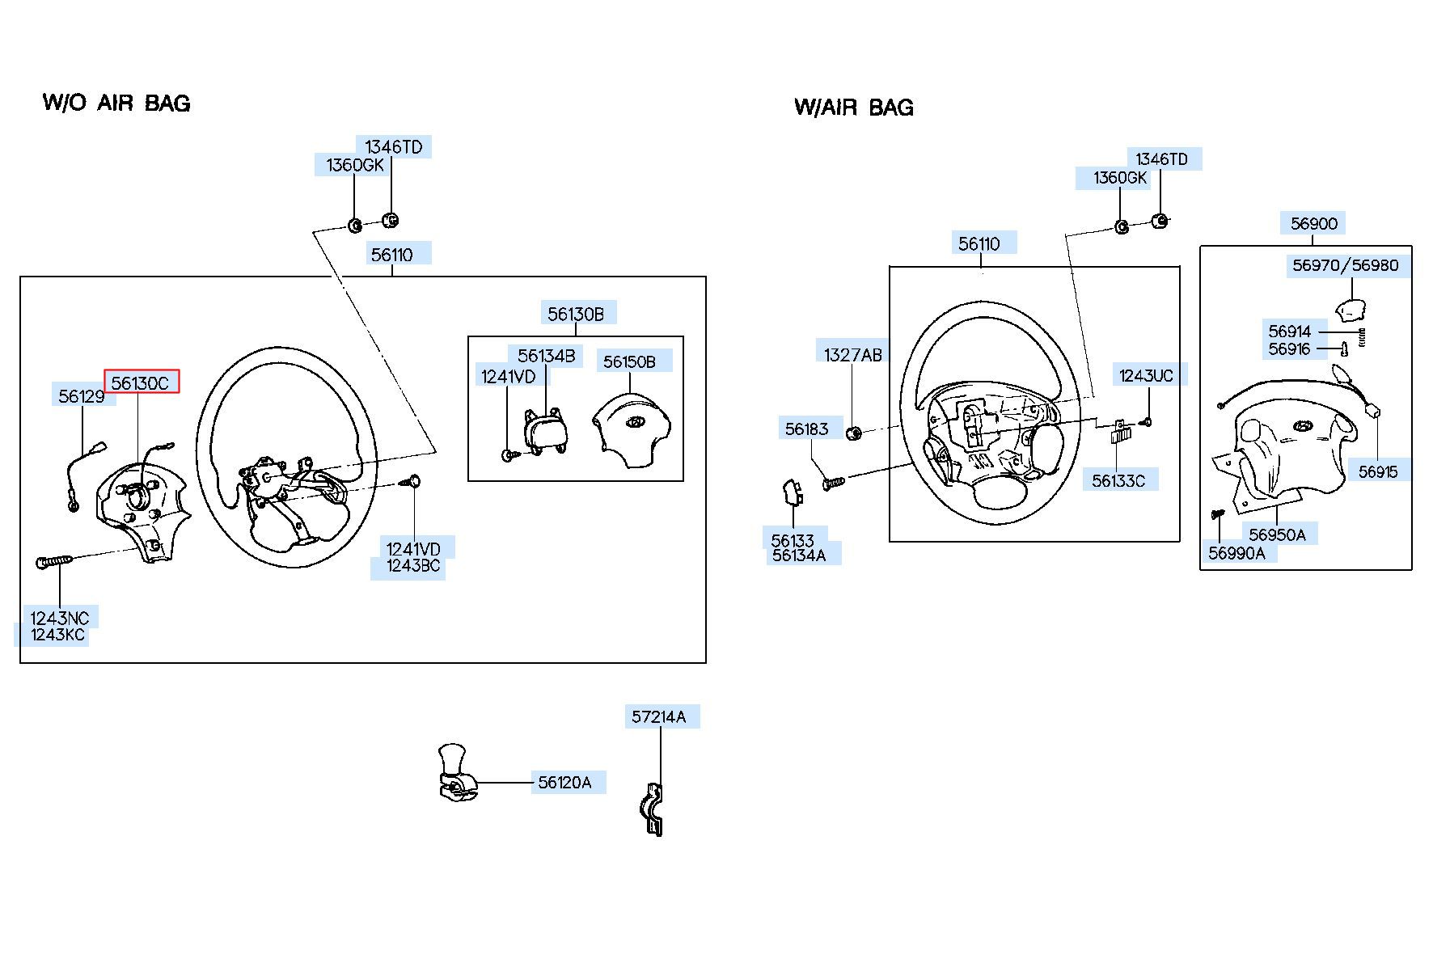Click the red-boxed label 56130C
141,382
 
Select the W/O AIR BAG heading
116,103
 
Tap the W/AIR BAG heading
854,107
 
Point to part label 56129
82,395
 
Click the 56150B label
629,361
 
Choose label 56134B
547,356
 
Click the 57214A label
659,716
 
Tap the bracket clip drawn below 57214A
653,809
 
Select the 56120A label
564,783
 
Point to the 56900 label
1314,224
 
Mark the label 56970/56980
1346,265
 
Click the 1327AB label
853,355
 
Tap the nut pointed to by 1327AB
853,433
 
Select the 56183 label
807,429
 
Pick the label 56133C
1118,481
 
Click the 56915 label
1378,471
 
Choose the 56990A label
1236,553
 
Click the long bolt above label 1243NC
54,560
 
